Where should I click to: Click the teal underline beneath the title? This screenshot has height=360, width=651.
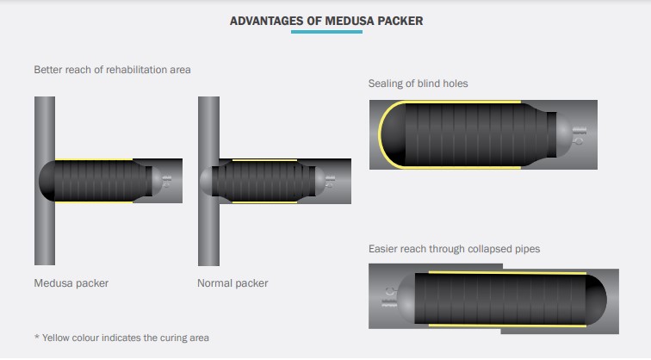pyautogui.click(x=326, y=32)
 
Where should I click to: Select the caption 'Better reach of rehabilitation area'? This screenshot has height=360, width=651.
pyautogui.click(x=112, y=70)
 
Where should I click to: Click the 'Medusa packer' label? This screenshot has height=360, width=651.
pyautogui.click(x=71, y=283)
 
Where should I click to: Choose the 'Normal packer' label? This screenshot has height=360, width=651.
pyautogui.click(x=232, y=283)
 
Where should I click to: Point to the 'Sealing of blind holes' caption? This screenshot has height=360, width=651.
pyautogui.click(x=418, y=84)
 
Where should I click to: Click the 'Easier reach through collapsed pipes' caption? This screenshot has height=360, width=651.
pyautogui.click(x=454, y=249)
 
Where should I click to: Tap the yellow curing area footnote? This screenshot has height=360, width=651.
pyautogui.click(x=121, y=338)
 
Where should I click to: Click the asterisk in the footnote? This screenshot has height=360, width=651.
pyautogui.click(x=36, y=337)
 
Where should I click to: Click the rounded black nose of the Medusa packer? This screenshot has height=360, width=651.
pyautogui.click(x=46, y=181)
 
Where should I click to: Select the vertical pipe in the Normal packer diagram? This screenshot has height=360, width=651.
pyautogui.click(x=208, y=181)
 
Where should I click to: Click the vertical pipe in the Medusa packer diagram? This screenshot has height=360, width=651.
pyautogui.click(x=45, y=181)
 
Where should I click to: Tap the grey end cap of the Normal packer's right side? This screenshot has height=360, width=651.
pyautogui.click(x=320, y=182)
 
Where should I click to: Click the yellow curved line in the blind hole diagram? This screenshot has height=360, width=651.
pyautogui.click(x=382, y=134)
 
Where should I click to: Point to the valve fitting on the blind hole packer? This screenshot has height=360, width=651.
pyautogui.click(x=579, y=135)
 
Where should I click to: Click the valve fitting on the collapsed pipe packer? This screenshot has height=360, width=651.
pyautogui.click(x=389, y=297)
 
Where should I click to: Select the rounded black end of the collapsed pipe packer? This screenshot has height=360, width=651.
pyautogui.click(x=596, y=299)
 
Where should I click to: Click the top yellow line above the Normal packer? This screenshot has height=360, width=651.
pyautogui.click(x=264, y=160)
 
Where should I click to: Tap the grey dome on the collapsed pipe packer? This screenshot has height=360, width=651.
pyautogui.click(x=406, y=298)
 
